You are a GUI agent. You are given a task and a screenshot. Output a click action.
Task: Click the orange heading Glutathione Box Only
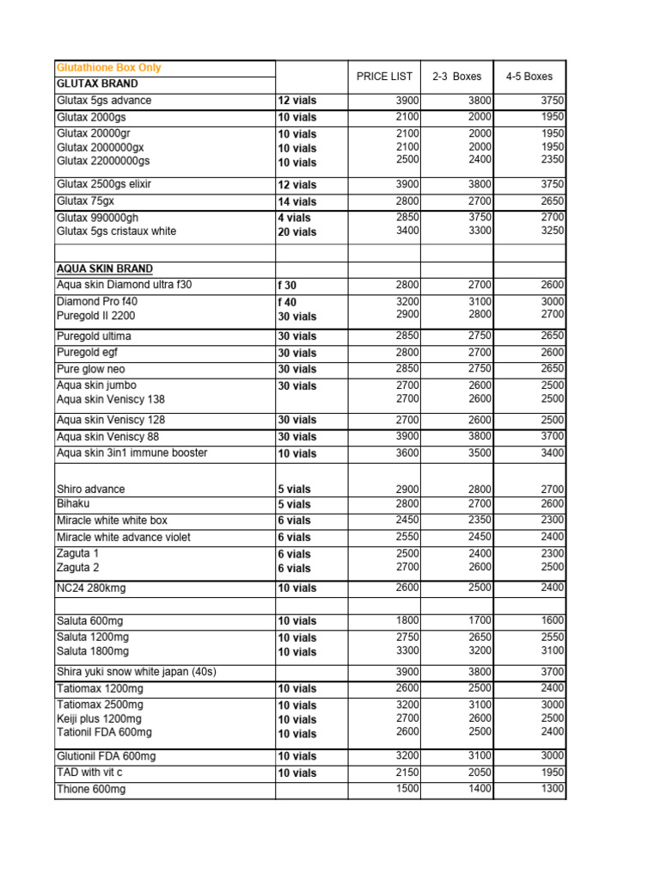(x=108, y=68)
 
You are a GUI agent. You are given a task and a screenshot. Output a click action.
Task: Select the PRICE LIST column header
(x=384, y=77)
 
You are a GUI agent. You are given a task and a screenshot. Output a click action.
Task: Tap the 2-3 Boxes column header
(x=457, y=77)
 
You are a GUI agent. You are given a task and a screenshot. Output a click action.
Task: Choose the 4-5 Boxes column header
(x=529, y=77)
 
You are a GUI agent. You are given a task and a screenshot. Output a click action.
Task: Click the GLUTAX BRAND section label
(x=97, y=84)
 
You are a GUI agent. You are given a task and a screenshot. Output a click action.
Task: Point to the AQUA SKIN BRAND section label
(x=105, y=268)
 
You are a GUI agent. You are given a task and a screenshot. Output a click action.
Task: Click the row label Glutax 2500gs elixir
(x=104, y=185)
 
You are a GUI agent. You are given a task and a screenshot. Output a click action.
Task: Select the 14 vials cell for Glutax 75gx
(x=296, y=201)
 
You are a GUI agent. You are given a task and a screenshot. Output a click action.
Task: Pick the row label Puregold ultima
(x=94, y=336)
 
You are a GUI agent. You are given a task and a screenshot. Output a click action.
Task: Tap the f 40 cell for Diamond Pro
(x=286, y=302)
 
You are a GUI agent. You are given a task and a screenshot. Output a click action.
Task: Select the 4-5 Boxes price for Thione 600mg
(x=553, y=789)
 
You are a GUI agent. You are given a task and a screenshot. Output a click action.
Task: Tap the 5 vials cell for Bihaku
(x=294, y=504)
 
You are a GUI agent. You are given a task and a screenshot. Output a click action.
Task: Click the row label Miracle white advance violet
(x=123, y=537)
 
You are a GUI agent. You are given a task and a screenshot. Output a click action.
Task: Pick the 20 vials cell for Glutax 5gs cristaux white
(x=296, y=231)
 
